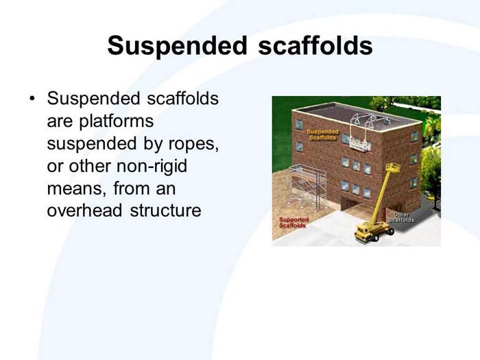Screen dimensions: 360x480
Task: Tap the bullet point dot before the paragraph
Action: (x=32, y=99)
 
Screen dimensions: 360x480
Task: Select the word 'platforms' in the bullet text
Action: (x=100, y=121)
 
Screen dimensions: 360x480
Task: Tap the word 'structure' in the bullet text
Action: (x=166, y=211)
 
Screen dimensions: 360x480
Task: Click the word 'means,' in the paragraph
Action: (x=73, y=189)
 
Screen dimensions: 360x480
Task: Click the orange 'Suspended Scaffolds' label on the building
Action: (x=322, y=134)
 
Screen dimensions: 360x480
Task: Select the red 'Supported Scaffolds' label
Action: (x=293, y=222)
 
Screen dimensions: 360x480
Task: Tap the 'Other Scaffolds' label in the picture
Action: (x=401, y=217)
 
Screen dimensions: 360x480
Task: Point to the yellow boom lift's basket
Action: (x=394, y=168)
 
